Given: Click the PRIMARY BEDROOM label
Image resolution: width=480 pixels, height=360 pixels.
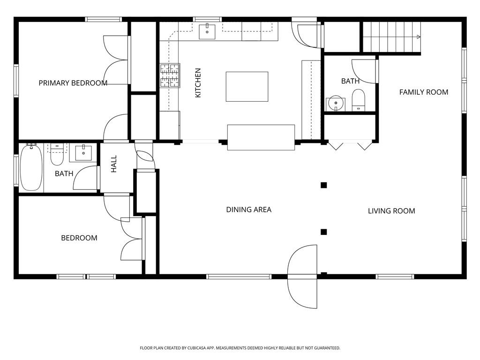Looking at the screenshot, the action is click(73, 83).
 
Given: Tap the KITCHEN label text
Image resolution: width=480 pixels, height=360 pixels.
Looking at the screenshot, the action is click(198, 82).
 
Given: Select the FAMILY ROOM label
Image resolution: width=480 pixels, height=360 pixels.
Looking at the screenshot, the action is click(424, 92).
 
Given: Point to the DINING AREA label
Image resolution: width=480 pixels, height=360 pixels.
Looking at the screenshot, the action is click(248, 210).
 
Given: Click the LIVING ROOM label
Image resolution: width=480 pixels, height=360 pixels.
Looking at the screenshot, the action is click(391, 211).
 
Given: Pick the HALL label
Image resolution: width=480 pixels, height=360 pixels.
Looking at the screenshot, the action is click(114, 164).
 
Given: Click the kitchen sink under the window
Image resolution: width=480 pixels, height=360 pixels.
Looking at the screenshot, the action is click(207, 32).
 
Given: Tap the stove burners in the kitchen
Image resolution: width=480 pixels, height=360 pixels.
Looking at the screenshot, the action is click(170, 75).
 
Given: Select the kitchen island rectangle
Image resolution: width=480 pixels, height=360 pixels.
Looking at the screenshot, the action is click(247, 87).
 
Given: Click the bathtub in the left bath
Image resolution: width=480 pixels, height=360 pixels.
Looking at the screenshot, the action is click(31, 167).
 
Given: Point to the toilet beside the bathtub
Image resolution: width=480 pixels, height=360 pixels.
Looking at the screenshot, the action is click(57, 155).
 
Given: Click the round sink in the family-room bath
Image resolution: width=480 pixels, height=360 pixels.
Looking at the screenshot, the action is click(336, 104).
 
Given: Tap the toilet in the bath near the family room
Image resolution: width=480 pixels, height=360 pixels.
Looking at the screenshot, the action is click(358, 100).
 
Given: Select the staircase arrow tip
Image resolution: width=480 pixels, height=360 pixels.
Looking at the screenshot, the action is click(420, 37).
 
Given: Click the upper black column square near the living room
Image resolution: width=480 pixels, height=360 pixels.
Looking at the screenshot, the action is click(324, 185).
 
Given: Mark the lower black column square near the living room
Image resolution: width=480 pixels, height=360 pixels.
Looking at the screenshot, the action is click(324, 232).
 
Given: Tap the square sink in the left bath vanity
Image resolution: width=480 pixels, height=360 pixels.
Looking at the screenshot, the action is click(83, 153).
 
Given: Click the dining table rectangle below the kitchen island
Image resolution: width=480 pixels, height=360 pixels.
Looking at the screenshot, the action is click(261, 137).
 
